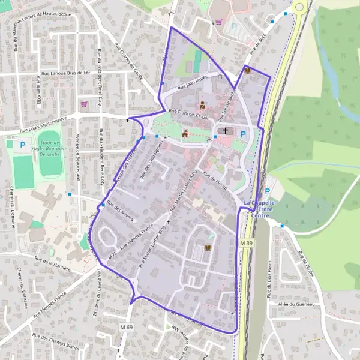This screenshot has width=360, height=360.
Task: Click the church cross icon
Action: [x=226, y=131]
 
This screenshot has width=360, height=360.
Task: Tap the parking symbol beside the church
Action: [x=243, y=134]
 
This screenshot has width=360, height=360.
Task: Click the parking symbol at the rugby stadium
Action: [x=23, y=145]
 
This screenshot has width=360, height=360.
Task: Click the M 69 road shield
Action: [x=125, y=327]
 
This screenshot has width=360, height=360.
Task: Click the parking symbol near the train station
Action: [x=268, y=191]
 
